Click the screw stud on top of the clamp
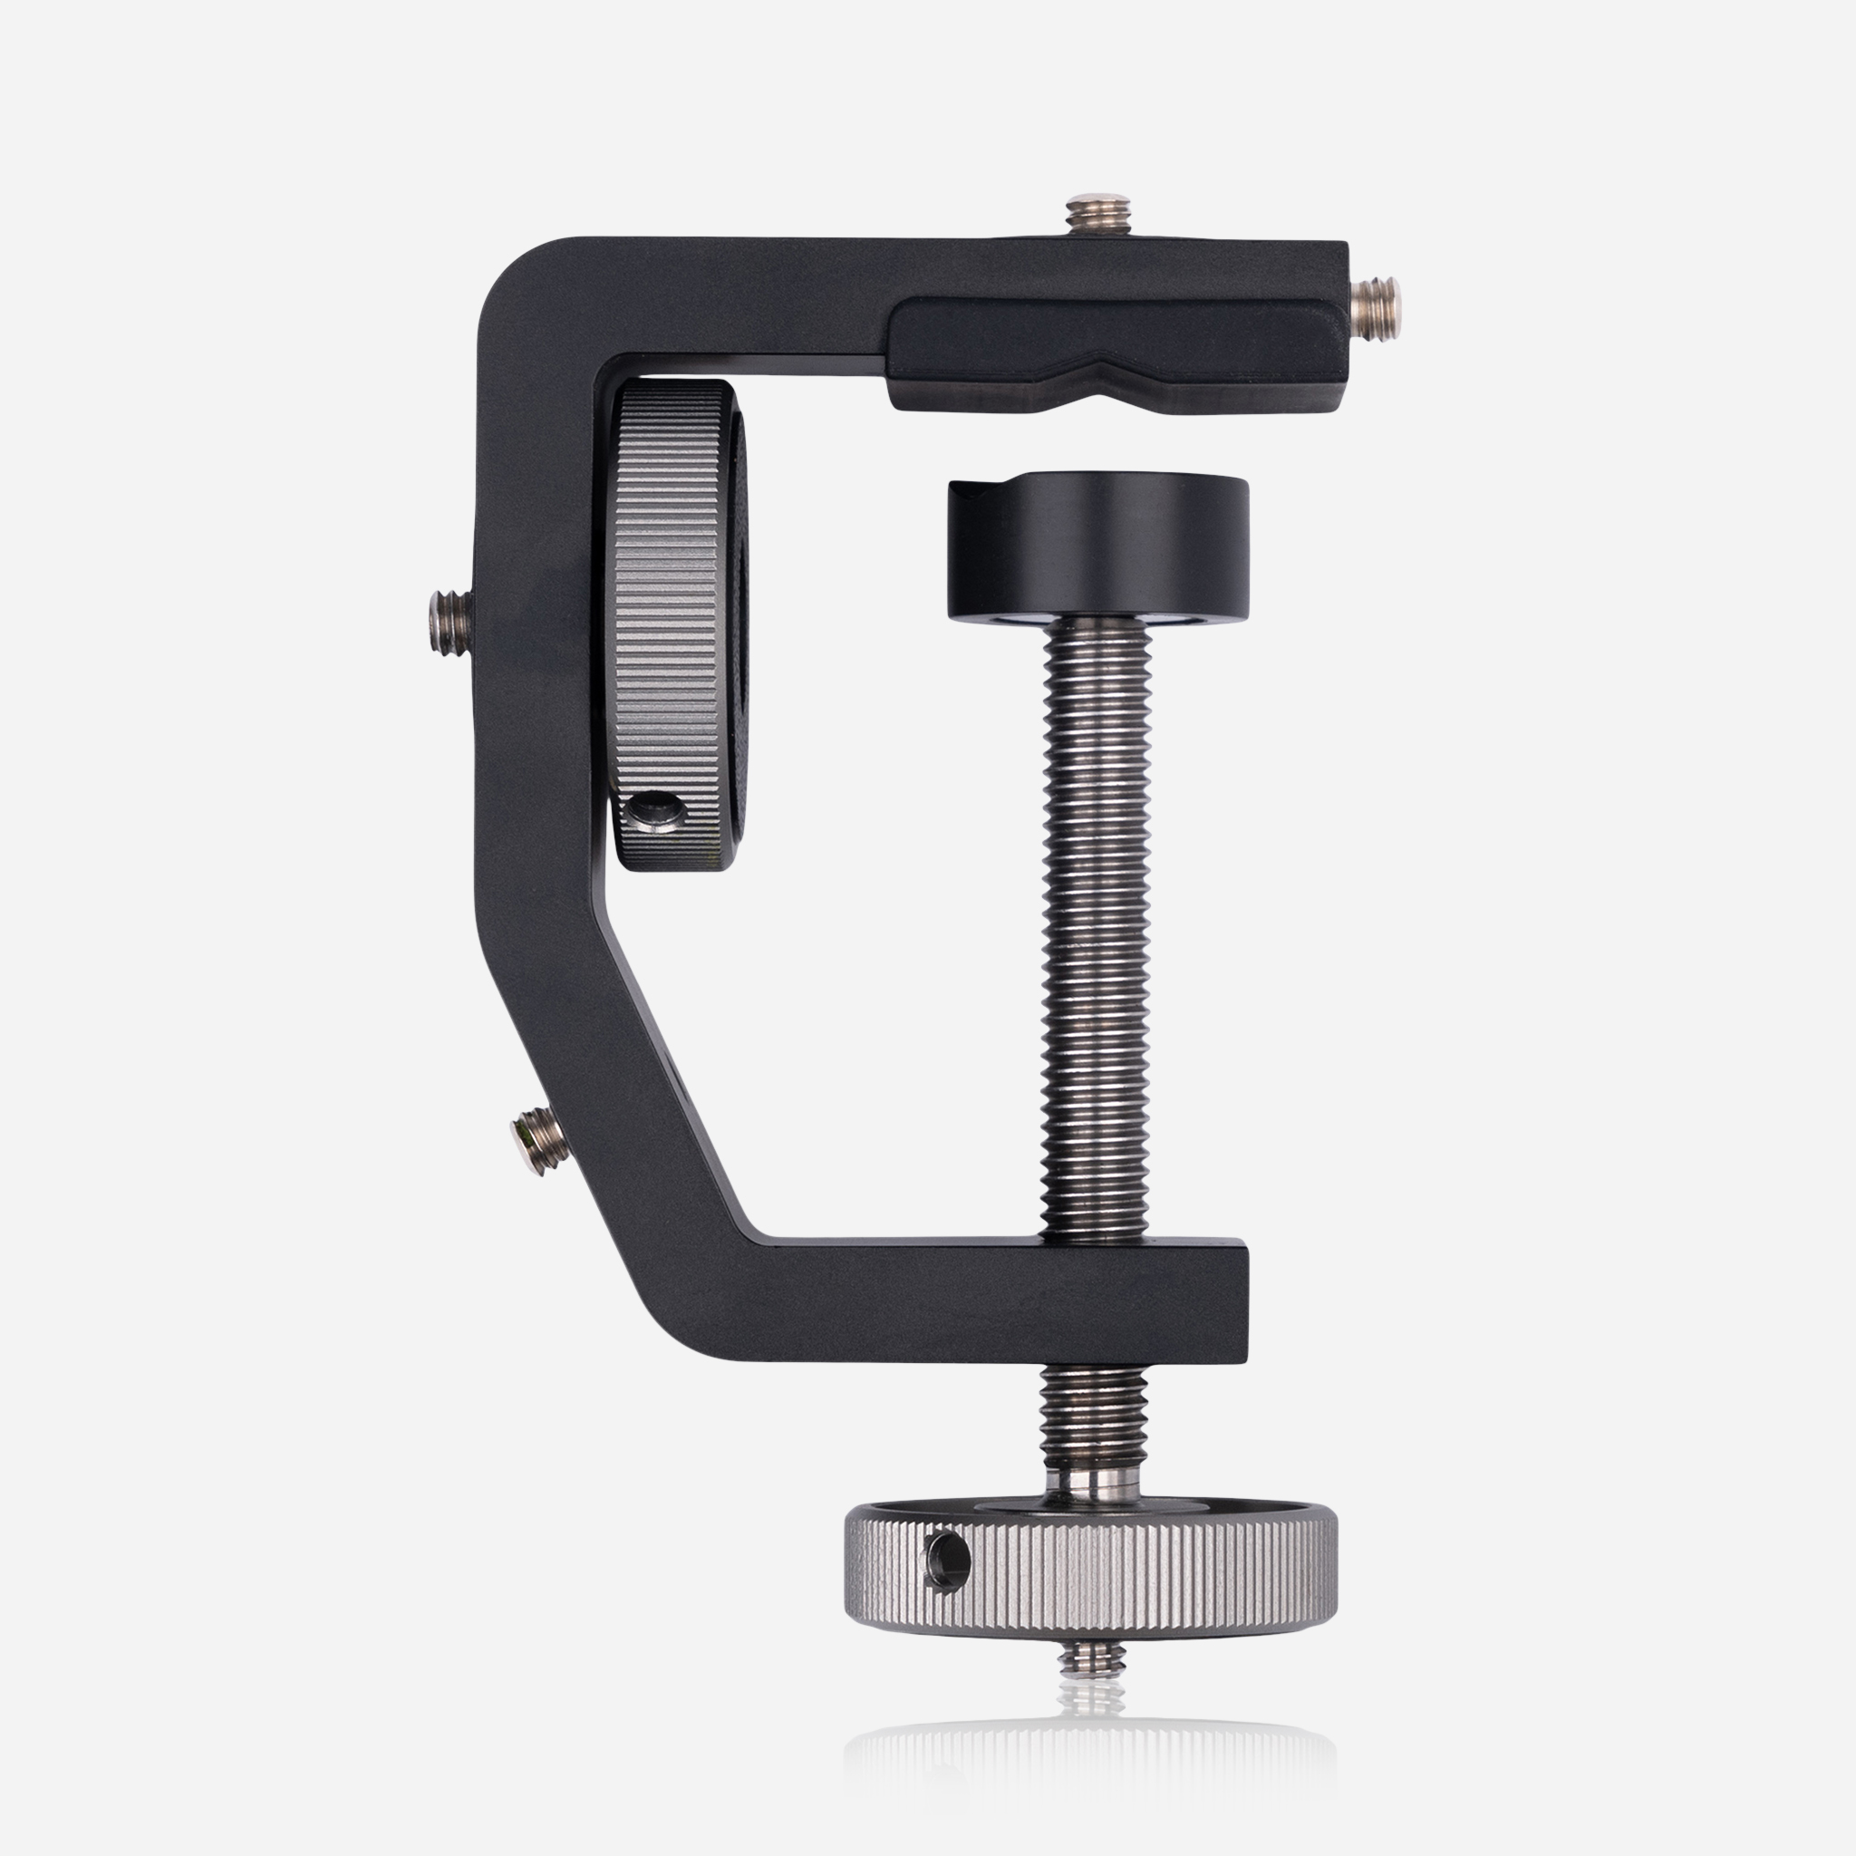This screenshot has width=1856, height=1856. coord(1098,217)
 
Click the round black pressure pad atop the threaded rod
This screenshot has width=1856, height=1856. coord(1099,547)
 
